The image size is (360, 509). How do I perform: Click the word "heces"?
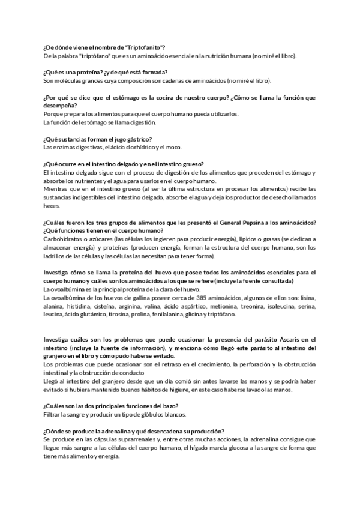52,206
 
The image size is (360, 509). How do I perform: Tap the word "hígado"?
205,448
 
